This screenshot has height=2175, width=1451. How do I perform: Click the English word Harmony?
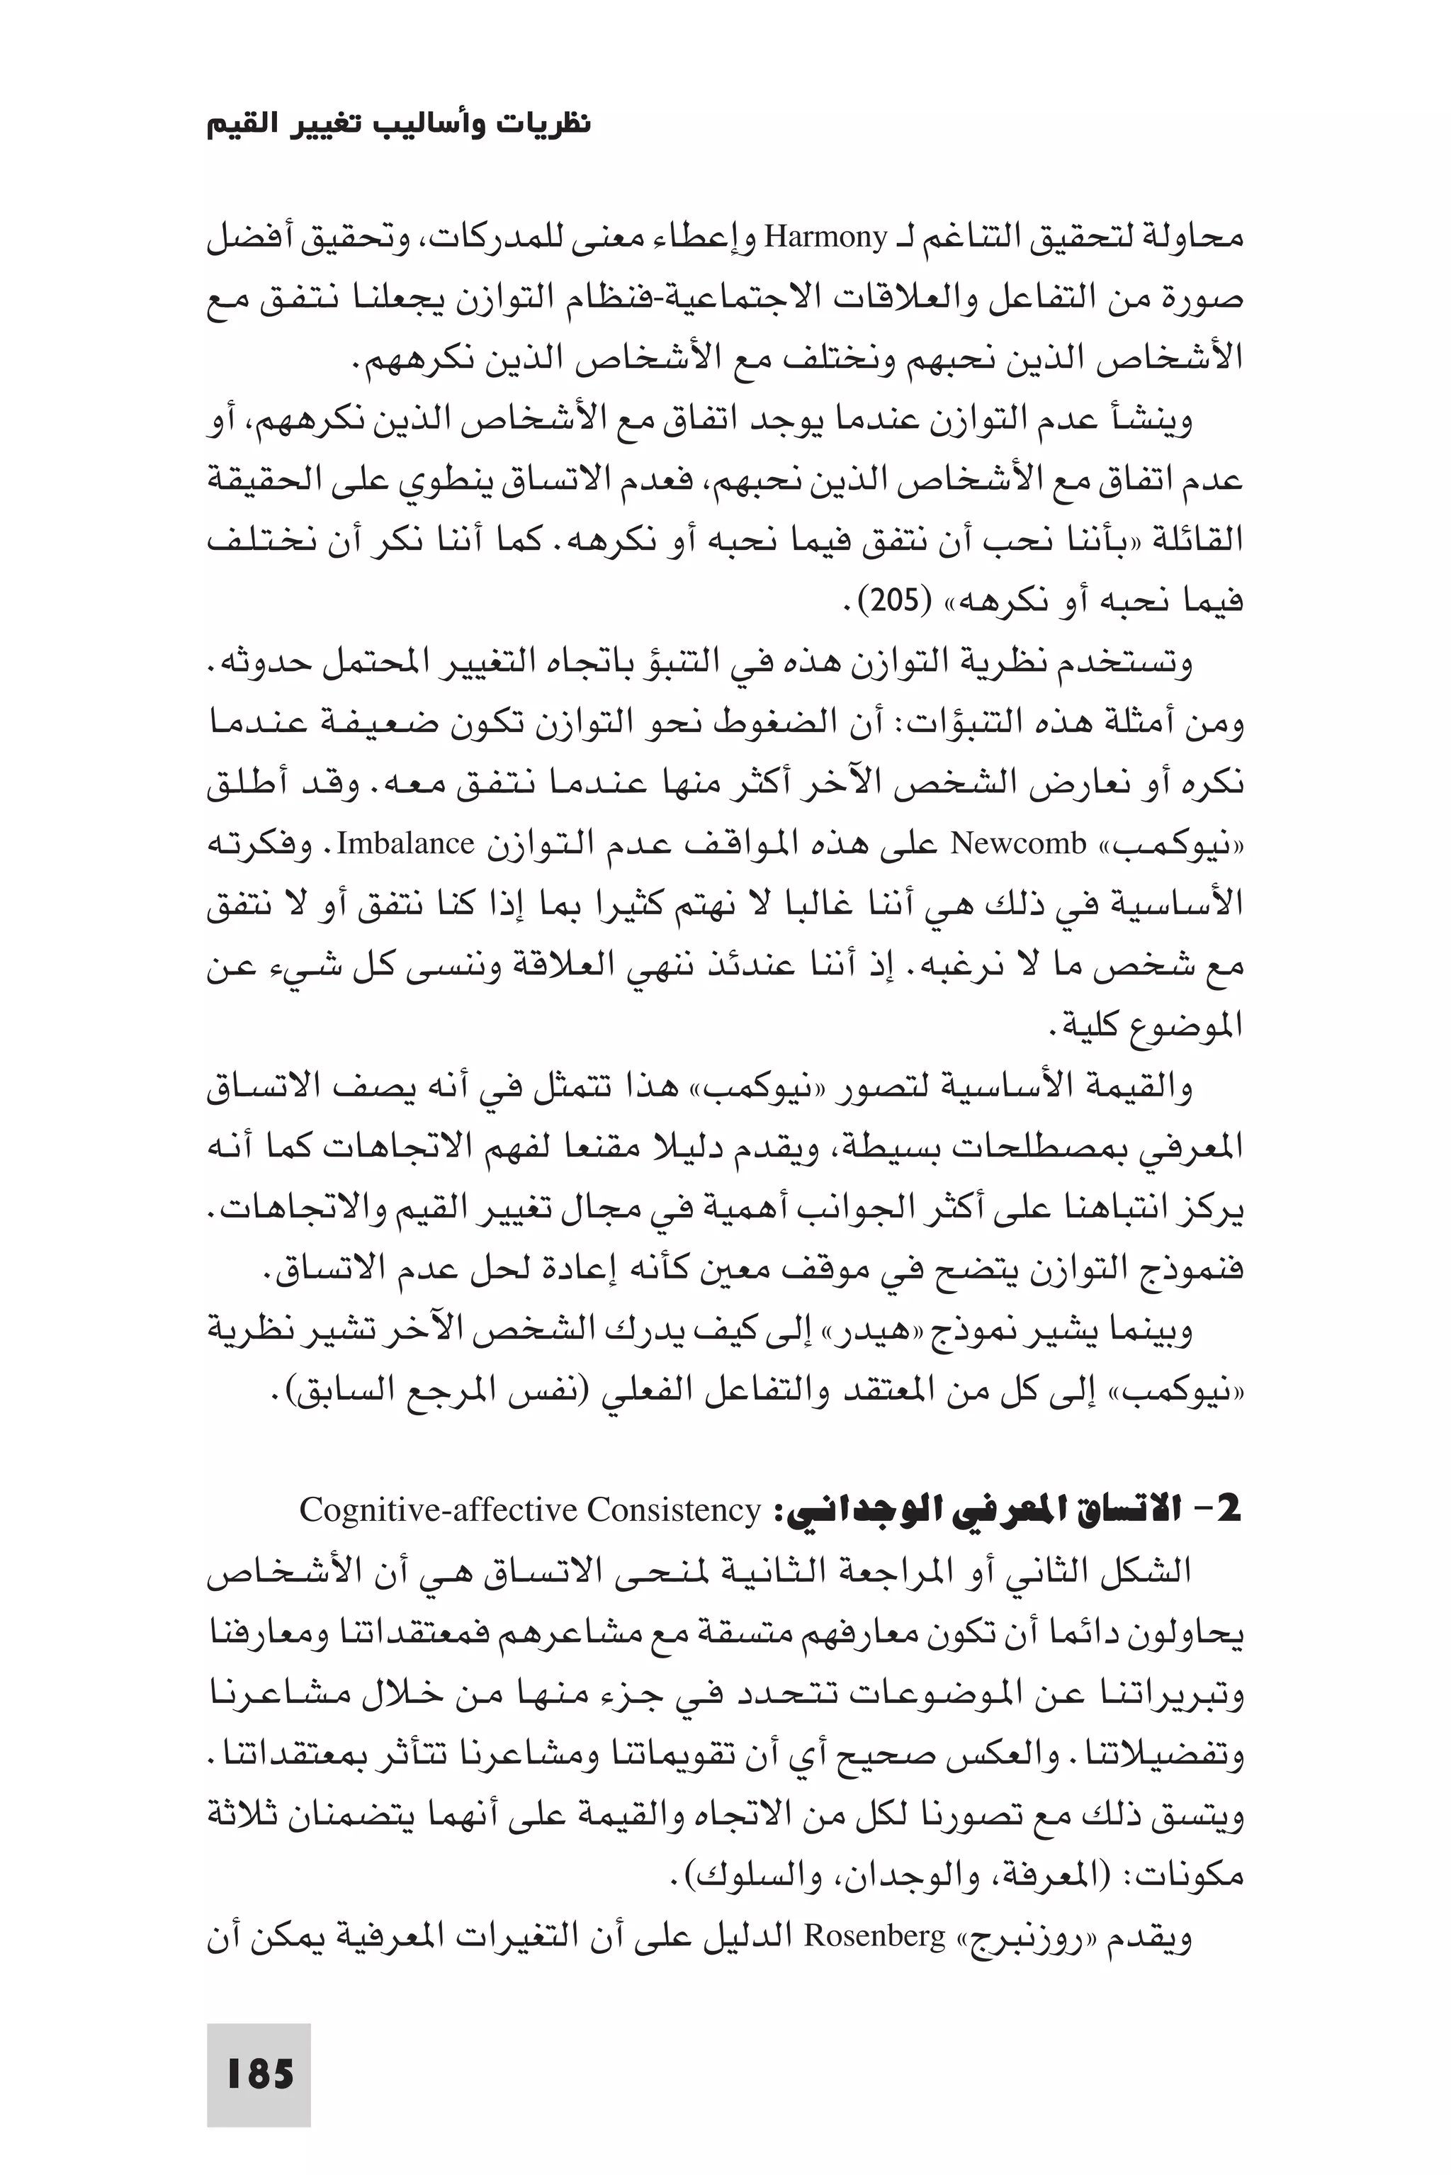click(825, 239)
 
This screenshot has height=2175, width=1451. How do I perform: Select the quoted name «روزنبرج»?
click(1010, 1936)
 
